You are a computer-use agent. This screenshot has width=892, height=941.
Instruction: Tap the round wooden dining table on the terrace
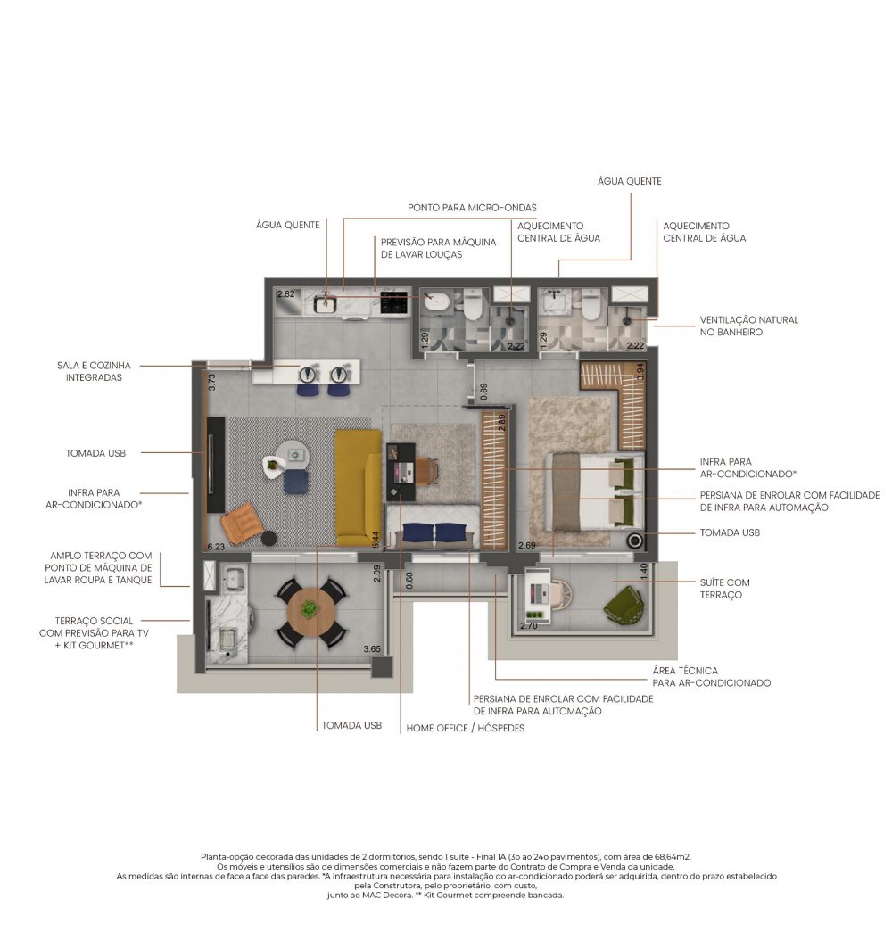tap(310, 612)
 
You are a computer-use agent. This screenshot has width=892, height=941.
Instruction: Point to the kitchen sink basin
tap(326, 303)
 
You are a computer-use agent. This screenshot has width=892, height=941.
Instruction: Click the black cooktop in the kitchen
tap(393, 302)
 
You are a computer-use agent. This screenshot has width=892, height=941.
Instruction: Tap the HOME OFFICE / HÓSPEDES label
tap(466, 728)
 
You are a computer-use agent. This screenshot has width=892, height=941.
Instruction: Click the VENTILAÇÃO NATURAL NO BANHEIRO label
tap(749, 326)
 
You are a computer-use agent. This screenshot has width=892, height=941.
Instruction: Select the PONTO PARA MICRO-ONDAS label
tap(472, 208)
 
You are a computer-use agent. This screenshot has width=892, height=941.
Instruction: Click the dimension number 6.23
tap(216, 547)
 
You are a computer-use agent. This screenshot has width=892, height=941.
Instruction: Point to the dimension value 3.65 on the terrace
tap(372, 648)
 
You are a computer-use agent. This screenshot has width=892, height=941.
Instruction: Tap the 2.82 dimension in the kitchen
tap(285, 294)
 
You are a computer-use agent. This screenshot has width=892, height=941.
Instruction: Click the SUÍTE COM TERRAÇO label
tap(724, 589)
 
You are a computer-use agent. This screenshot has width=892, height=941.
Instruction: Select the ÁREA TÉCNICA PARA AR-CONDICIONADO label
tap(711, 676)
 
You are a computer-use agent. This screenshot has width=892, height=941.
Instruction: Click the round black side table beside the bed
tap(634, 541)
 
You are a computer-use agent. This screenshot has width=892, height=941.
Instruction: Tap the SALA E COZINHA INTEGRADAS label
tap(94, 371)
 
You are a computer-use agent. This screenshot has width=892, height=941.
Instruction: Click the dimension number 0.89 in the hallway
tap(483, 392)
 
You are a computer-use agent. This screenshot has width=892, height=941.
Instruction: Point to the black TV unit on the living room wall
tap(216, 465)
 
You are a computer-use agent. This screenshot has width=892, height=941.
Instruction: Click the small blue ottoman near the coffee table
tap(296, 482)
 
